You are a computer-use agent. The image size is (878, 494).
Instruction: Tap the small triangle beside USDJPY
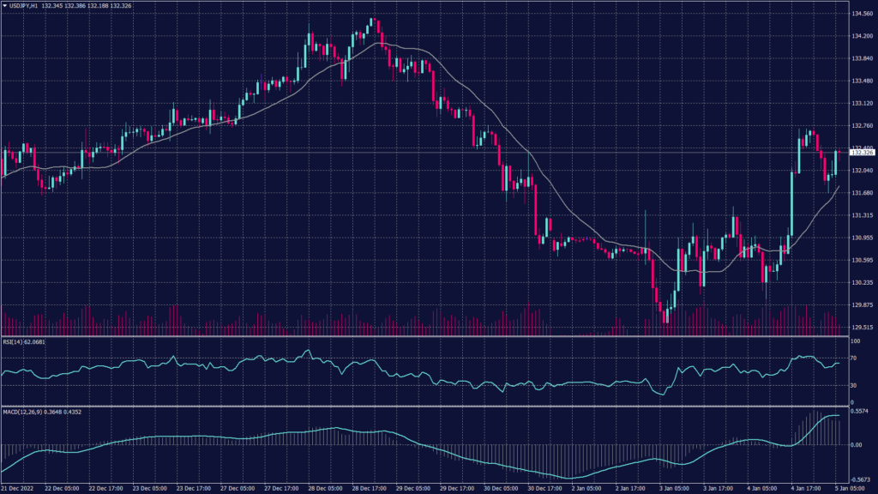4,6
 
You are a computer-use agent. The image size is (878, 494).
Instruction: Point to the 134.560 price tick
861,14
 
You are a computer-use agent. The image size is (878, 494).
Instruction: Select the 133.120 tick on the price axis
861,103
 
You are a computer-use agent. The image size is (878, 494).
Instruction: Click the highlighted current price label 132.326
861,153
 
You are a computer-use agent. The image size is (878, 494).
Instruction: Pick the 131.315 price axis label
861,215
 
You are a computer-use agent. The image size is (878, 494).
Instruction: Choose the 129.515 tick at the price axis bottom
861,327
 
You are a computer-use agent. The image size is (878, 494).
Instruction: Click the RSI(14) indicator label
23,341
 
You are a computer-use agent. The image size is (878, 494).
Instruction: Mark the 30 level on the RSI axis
854,386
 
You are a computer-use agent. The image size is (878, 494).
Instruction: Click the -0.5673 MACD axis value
861,480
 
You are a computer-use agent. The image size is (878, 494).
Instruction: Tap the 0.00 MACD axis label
857,445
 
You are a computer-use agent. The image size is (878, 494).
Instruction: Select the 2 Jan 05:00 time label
591,489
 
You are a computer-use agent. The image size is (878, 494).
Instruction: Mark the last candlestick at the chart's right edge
836,163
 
